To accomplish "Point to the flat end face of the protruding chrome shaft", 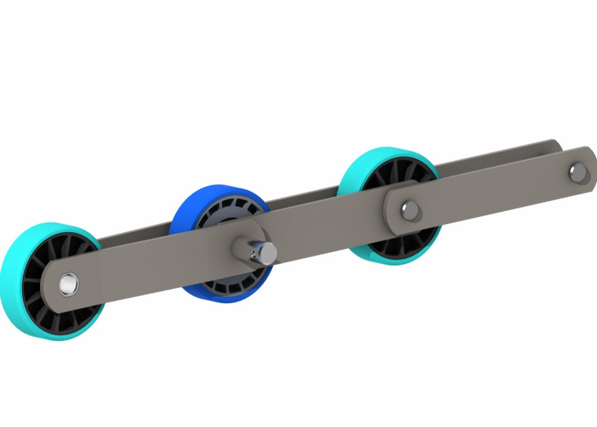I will (x=269, y=253).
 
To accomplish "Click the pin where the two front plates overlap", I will (x=410, y=210).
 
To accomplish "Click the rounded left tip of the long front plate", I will (x=52, y=288).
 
